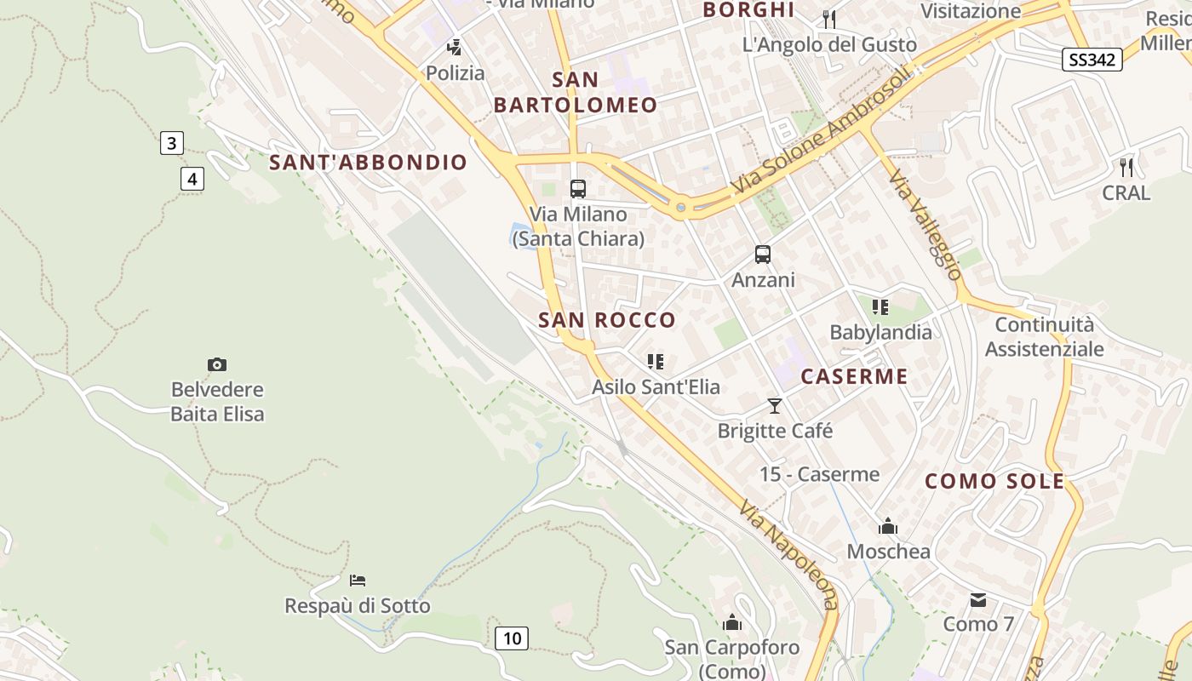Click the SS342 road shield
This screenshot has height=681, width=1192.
(x=1092, y=60)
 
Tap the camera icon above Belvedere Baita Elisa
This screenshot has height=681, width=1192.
(x=217, y=364)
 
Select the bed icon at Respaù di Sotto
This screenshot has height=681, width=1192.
(x=358, y=581)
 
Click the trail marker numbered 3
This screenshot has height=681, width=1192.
(x=171, y=143)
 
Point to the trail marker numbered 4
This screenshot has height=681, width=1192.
(x=192, y=179)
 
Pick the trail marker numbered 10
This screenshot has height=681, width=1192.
(x=512, y=638)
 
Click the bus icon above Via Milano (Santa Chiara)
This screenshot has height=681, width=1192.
(x=577, y=189)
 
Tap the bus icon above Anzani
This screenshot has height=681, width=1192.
(x=763, y=255)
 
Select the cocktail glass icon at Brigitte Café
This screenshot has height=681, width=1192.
(x=775, y=406)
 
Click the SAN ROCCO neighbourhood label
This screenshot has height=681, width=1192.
(x=607, y=320)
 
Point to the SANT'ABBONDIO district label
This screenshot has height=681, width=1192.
(x=369, y=163)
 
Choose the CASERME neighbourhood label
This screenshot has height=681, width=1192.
(x=854, y=376)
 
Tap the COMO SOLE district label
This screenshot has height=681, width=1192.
(x=994, y=481)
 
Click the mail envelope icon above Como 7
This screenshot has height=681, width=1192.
(x=978, y=600)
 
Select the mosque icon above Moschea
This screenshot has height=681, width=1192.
(x=888, y=527)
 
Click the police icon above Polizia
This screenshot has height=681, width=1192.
(x=455, y=48)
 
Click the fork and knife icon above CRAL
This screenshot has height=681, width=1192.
(x=1126, y=167)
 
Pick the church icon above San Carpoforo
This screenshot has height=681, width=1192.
(x=731, y=623)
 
